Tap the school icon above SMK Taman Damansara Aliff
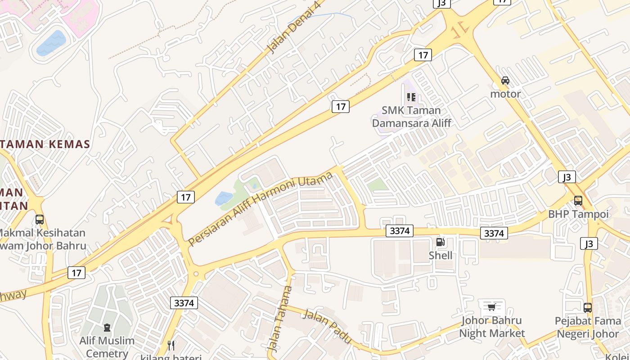411,97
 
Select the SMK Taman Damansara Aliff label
411,117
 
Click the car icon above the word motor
505,81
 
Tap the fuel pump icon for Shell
440,242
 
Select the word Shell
441,256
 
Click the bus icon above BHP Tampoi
578,200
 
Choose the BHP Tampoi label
578,214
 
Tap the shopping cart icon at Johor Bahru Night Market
491,307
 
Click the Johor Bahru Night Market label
492,327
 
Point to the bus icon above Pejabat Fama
588,308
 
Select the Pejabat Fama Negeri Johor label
588,328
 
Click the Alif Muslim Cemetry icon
107,327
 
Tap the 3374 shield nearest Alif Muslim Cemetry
184,303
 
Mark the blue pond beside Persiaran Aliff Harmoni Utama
224,198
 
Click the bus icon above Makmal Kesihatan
40,220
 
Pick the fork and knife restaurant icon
171,345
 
